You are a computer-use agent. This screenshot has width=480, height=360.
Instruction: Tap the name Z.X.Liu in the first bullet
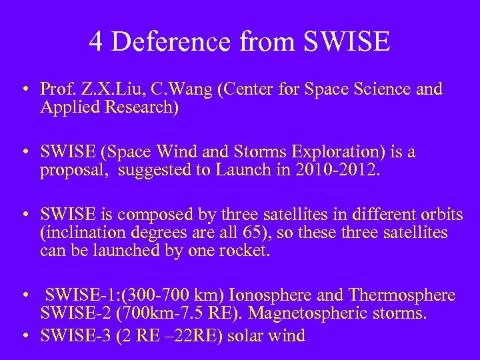(101, 90)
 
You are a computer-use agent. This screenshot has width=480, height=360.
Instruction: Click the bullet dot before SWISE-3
(25, 335)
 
